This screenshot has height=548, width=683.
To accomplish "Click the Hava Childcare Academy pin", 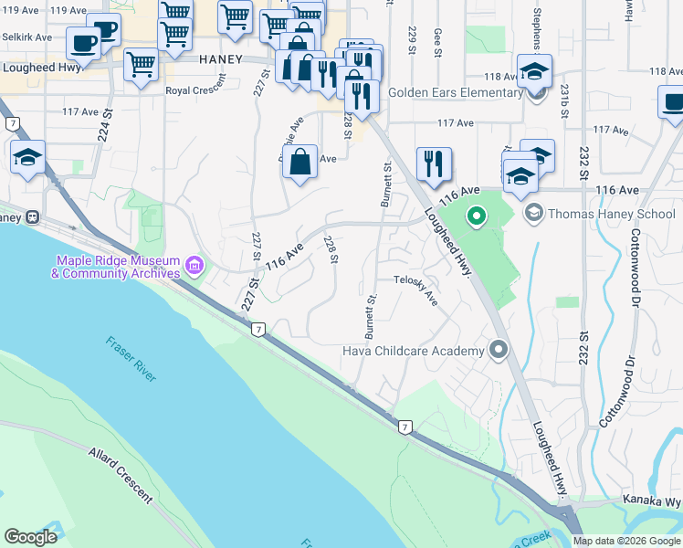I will click(499, 350).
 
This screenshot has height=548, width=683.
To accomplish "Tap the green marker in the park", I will click(476, 217).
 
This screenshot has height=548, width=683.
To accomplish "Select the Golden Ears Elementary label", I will click(455, 92).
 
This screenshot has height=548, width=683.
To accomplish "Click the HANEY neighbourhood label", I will click(221, 59).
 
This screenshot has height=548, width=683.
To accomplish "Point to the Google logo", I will click(30, 537).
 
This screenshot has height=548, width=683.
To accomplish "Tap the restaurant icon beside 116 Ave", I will click(434, 163).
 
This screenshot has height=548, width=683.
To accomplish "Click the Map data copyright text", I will click(625, 541).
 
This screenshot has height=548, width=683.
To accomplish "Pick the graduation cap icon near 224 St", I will click(27, 157).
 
